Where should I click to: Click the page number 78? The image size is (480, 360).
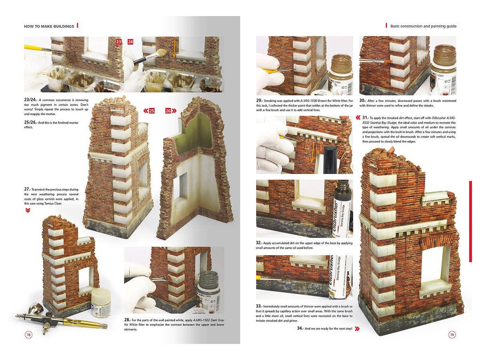coord(28,335)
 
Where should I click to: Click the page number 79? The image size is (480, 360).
coord(452,335)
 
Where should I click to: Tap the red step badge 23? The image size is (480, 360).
coord(118,41)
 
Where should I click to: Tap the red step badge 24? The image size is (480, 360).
coord(130,41)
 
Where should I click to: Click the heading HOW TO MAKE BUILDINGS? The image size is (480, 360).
coord(49,26)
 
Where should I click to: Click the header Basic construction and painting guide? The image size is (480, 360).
coord(423,26)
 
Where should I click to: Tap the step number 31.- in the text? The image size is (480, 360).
coord(365,118)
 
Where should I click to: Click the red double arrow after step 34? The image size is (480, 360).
coord(357,328)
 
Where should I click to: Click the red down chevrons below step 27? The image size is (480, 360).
coord(27,210)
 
